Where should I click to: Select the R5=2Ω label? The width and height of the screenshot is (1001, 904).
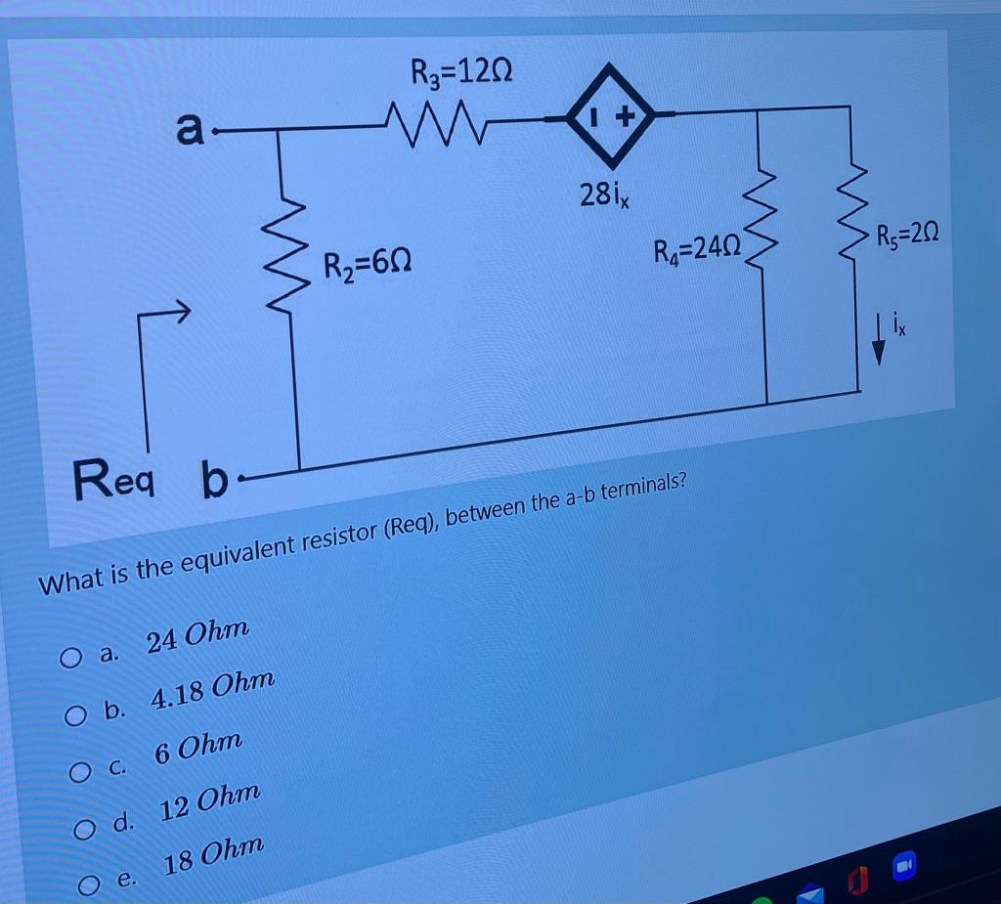(x=908, y=236)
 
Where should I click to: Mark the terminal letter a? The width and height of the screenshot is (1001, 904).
(x=190, y=128)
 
